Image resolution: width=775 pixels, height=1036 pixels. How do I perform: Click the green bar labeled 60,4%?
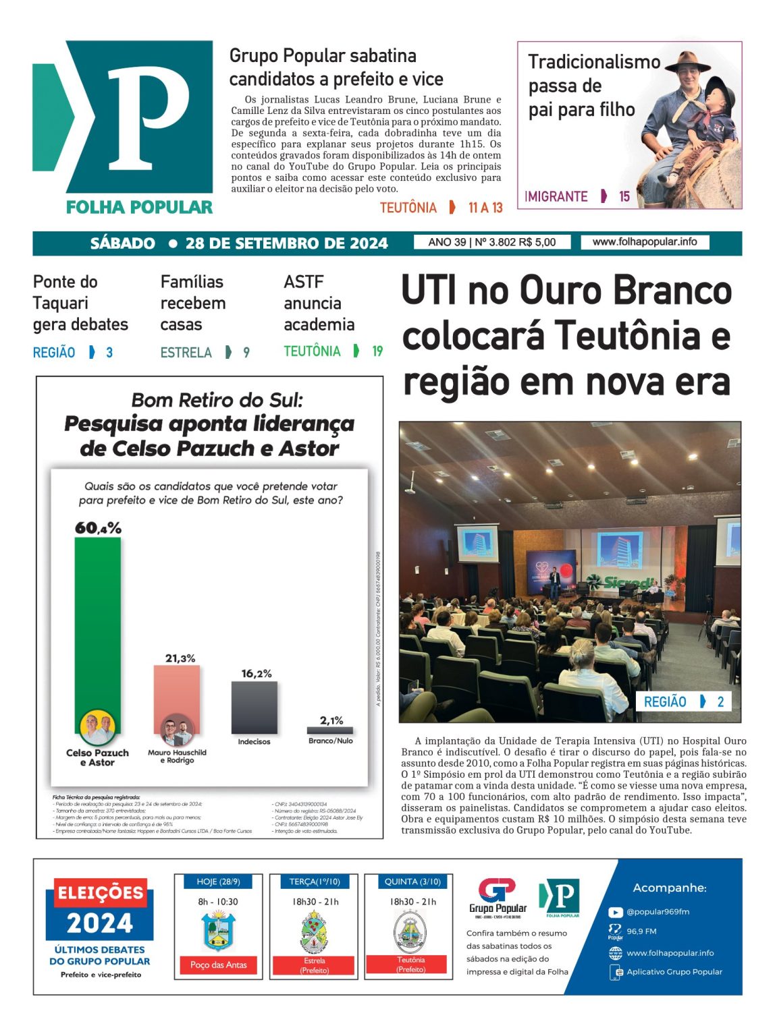tap(97, 627)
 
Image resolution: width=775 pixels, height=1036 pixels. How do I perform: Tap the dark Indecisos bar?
tap(254, 707)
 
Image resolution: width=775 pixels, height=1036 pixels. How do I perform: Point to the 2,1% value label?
tap(331, 720)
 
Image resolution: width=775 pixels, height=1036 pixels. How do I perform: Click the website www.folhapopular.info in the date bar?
tap(645, 242)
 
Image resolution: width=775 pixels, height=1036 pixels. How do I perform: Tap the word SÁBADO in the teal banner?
tap(123, 243)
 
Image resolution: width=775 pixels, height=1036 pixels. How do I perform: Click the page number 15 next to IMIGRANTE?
tap(624, 196)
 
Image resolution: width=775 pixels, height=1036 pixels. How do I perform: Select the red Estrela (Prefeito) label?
tap(314, 965)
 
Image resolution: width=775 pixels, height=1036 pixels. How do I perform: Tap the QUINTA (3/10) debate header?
tap(411, 882)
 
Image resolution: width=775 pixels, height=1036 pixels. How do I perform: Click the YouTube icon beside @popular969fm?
tap(615, 912)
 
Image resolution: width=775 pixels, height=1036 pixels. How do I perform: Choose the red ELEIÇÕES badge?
tap(101, 893)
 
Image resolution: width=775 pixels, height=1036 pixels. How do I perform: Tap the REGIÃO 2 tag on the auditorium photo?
tap(684, 701)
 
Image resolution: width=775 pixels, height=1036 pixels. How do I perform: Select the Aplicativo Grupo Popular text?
tap(674, 972)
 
